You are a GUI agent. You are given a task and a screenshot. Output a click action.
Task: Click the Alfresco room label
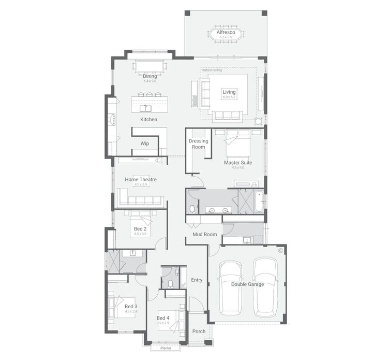coord(226,32)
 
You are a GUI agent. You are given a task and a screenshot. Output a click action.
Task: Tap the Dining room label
coord(150,76)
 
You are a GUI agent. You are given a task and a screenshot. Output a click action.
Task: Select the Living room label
coord(229,92)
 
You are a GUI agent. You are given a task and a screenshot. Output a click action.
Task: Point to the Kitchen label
coord(148,120)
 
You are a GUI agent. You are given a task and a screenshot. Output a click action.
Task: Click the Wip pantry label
coord(145,143)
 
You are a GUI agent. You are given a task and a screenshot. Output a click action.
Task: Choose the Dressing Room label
coord(198,144)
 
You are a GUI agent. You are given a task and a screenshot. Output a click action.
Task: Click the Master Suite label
coord(238,163)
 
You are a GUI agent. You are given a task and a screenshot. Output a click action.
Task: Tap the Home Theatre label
coord(141,180)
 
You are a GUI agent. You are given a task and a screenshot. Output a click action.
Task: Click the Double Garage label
coord(247,284)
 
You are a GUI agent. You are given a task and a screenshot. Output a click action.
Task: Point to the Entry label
coord(197,280)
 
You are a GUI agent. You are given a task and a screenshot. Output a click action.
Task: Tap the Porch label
coord(199,331)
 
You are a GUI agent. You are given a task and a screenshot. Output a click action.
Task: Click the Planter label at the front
coord(166,349)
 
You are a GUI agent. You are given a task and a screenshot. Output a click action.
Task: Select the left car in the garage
coord(230,288)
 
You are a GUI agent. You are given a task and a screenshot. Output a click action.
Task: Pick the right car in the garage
coord(265,288)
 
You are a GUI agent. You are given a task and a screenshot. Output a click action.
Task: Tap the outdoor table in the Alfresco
coord(226,35)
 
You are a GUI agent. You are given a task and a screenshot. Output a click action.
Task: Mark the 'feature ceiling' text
coord(212,70)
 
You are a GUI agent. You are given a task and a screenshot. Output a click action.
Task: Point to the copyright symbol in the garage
coord(280,250)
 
